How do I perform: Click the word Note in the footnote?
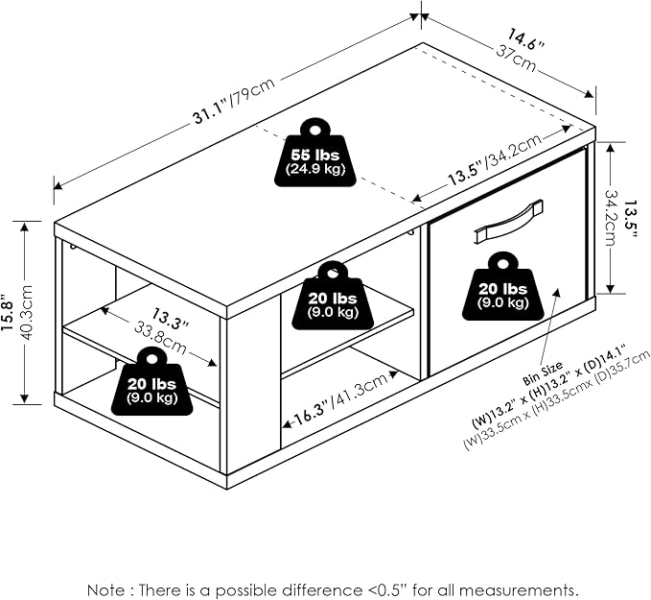pyautogui.click(x=105, y=588)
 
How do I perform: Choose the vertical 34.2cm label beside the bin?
pyautogui.click(x=612, y=217)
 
